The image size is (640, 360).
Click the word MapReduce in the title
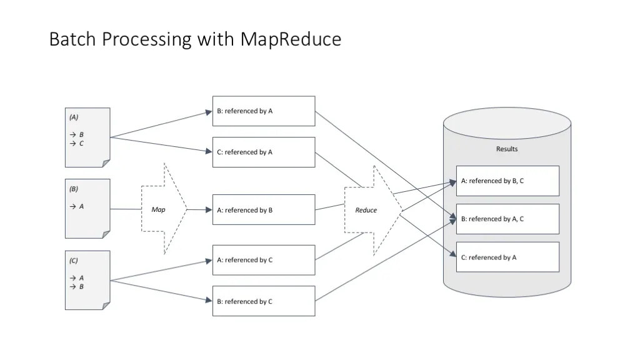tap(291, 39)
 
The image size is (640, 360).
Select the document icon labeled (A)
tap(87, 137)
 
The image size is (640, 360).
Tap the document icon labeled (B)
tap(87, 209)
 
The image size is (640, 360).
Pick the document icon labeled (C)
tap(87, 280)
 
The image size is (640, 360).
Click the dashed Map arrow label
tap(158, 209)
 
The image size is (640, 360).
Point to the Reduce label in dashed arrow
tap(366, 210)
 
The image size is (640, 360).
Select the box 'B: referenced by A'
tap(264, 111)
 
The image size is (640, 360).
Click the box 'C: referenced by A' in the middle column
tap(264, 152)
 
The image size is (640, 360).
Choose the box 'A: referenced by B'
tap(264, 210)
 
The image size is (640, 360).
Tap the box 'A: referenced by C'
tap(264, 260)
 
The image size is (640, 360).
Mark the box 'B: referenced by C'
tap(264, 301)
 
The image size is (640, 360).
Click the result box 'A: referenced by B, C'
tap(507, 181)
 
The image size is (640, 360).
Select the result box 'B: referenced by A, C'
tap(507, 219)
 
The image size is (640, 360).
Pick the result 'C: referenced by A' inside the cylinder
tap(507, 257)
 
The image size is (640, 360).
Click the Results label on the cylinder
tap(507, 149)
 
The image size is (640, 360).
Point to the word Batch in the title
tap(72, 39)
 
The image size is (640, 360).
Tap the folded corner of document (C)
tap(106, 306)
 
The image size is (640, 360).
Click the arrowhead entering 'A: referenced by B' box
tap(209, 210)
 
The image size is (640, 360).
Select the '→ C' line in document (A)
tap(77, 143)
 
